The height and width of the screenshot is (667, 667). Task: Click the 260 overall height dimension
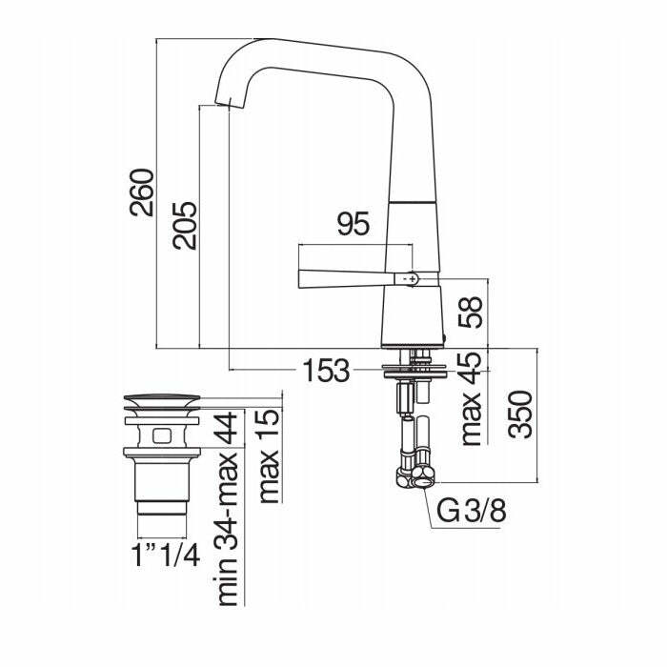pos(142,192)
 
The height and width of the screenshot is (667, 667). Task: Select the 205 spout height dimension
pos(185,226)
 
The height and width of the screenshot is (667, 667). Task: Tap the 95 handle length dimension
pos(354,224)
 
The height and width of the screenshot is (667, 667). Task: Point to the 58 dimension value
pos(471,312)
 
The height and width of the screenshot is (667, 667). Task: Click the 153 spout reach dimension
pos(326,370)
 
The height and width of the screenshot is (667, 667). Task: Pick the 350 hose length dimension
pos(520,414)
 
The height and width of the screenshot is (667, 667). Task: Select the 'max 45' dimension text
pos(471,398)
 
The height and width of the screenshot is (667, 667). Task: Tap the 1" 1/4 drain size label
pos(165,555)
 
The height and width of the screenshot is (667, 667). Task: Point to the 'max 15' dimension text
pos(270,456)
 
